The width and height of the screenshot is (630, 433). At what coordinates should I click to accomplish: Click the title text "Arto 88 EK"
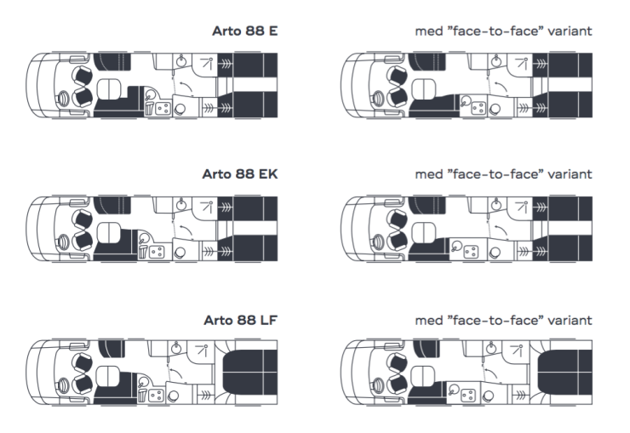click(x=241, y=175)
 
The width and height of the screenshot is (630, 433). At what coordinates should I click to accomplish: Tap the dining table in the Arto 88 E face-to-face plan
click(x=421, y=84)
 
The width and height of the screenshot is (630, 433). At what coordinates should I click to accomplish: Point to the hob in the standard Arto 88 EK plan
click(x=157, y=252)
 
